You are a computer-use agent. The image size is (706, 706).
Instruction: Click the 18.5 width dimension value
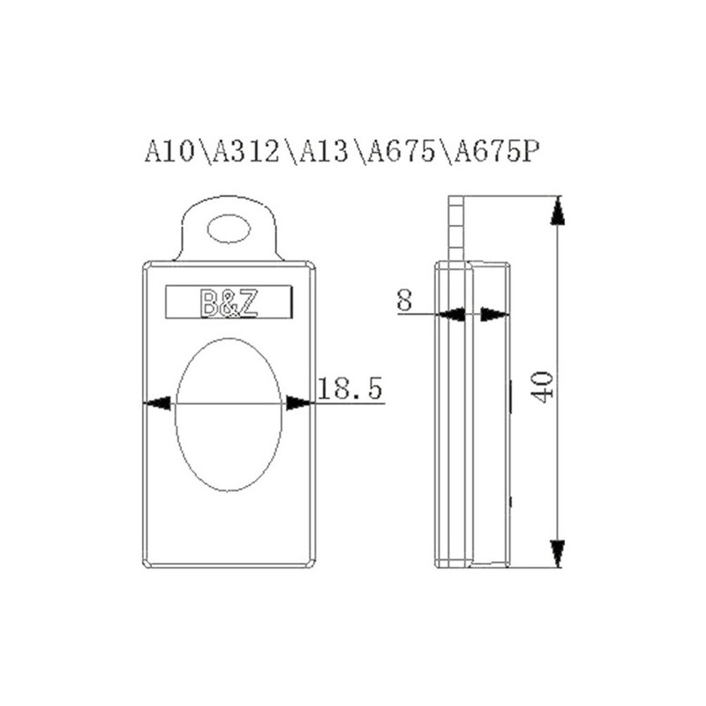[349, 389]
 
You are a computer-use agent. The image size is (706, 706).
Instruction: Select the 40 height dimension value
[543, 386]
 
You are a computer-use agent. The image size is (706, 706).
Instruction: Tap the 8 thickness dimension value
[404, 300]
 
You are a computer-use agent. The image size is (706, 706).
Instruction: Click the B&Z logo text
[229, 304]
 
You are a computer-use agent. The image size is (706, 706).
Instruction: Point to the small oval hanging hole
[229, 231]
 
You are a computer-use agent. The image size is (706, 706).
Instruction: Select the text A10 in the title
[171, 151]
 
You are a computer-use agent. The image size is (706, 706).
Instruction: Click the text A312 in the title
[248, 151]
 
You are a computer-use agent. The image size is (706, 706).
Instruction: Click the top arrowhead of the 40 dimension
[557, 212]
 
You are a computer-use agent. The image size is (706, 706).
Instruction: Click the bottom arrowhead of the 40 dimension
[557, 552]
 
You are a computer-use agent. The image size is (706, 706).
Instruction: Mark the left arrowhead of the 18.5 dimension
[157, 403]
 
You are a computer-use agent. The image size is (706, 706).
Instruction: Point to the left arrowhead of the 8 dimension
[454, 313]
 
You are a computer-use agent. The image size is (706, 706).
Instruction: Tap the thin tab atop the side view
[455, 228]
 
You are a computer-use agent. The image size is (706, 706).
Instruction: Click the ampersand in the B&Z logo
[229, 304]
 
